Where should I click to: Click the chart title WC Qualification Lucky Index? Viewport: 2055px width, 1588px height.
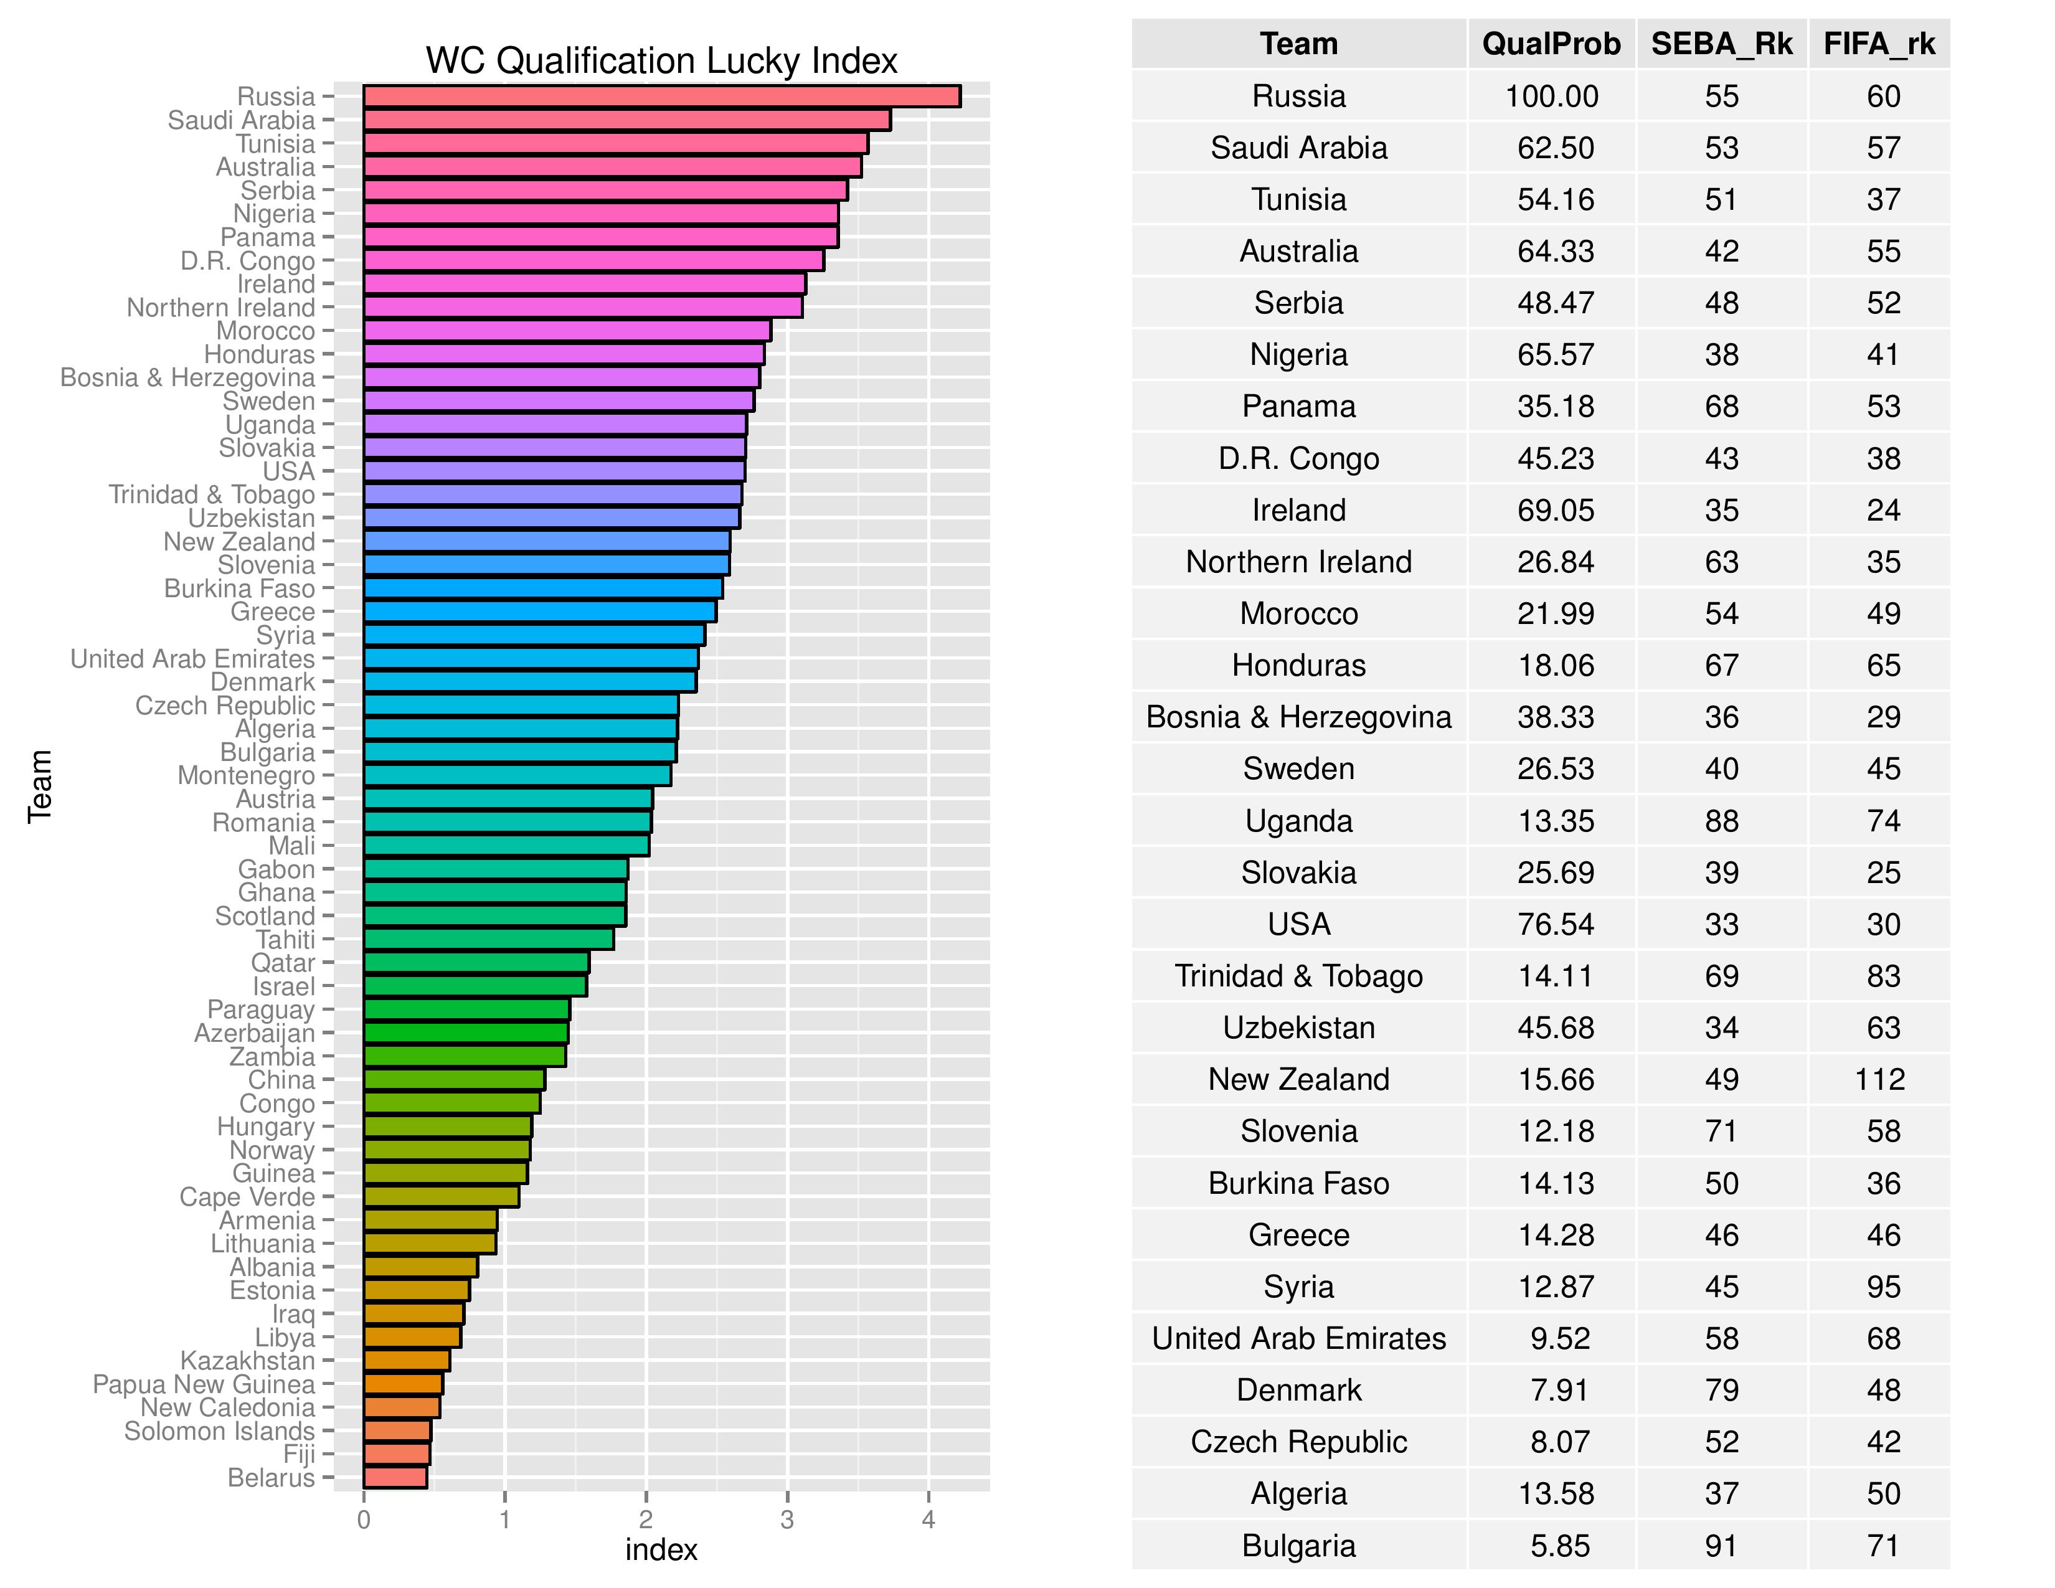(x=661, y=61)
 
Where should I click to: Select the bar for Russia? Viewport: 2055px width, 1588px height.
(x=661, y=96)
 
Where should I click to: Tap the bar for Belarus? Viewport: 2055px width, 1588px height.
(x=395, y=1477)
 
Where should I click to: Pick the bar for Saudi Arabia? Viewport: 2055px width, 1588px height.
(x=626, y=120)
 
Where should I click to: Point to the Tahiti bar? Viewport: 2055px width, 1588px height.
(x=488, y=939)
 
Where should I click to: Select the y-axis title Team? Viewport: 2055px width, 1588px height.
(x=39, y=787)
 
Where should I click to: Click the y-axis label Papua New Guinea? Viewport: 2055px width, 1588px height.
(x=203, y=1384)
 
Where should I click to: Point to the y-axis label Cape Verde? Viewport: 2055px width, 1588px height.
(x=247, y=1197)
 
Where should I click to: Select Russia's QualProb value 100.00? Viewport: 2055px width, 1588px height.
(x=1552, y=96)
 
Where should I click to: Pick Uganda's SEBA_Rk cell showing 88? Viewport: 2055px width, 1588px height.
(x=1721, y=820)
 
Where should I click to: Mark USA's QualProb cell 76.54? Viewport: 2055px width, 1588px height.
(x=1556, y=924)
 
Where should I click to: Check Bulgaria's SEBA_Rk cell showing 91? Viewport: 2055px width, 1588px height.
(x=1721, y=1545)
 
